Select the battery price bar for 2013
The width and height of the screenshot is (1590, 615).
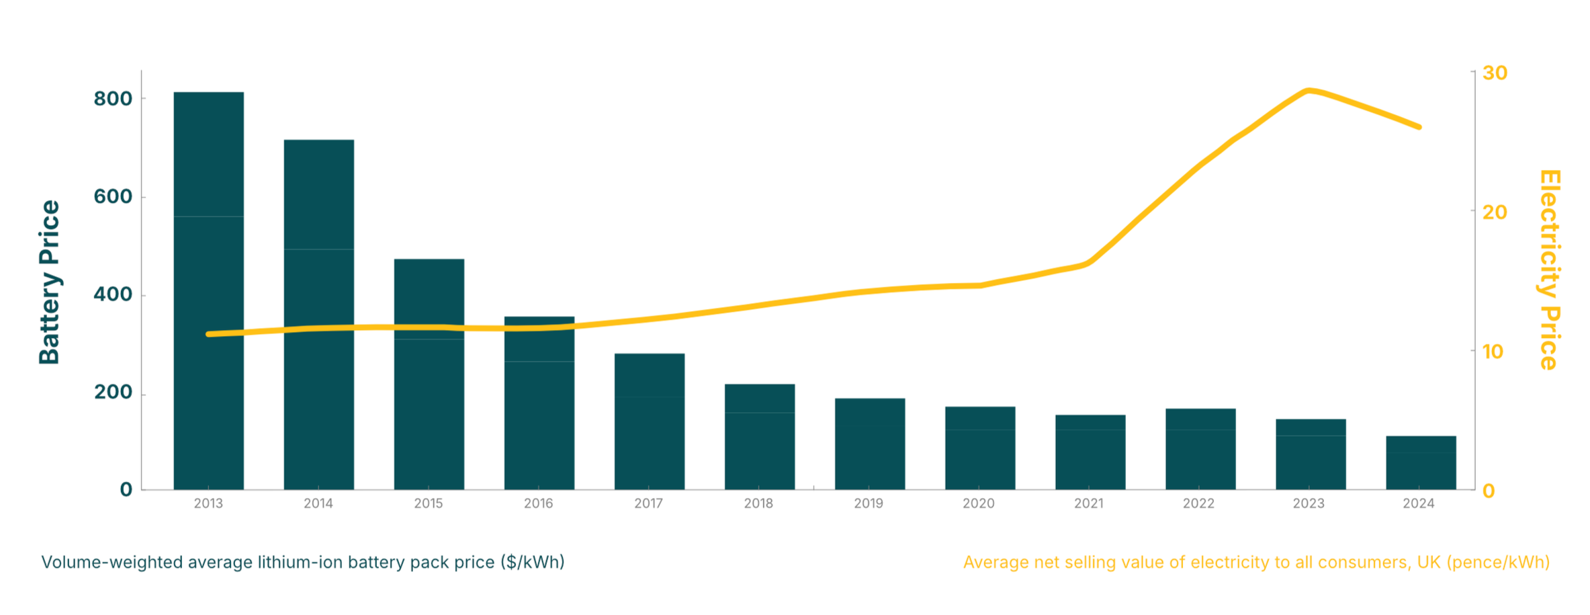[x=208, y=290]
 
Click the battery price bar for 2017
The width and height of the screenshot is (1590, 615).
[x=650, y=421]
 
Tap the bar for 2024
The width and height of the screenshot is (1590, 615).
[x=1421, y=462]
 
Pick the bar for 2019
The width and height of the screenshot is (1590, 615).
[x=870, y=444]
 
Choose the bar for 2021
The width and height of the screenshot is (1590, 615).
[x=1090, y=452]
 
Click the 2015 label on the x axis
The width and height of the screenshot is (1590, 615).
[x=429, y=503]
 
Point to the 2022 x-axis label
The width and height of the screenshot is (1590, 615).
[x=1199, y=503]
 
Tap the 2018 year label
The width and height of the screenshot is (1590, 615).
[x=758, y=503]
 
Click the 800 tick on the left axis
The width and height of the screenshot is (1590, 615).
[x=113, y=99]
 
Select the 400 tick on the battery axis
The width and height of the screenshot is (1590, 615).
[x=113, y=294]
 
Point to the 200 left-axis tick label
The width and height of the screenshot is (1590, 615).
[x=113, y=392]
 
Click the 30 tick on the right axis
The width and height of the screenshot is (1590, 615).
[x=1495, y=73]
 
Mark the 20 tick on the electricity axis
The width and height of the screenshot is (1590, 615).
[x=1495, y=212]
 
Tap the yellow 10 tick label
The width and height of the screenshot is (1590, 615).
[x=1493, y=352]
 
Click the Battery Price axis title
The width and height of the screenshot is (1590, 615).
[x=50, y=282]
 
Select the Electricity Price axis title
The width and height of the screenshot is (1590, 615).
[x=1549, y=270]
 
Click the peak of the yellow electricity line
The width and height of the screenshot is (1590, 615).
[x=1309, y=90]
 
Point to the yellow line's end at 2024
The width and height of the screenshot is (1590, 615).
[x=1419, y=126]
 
